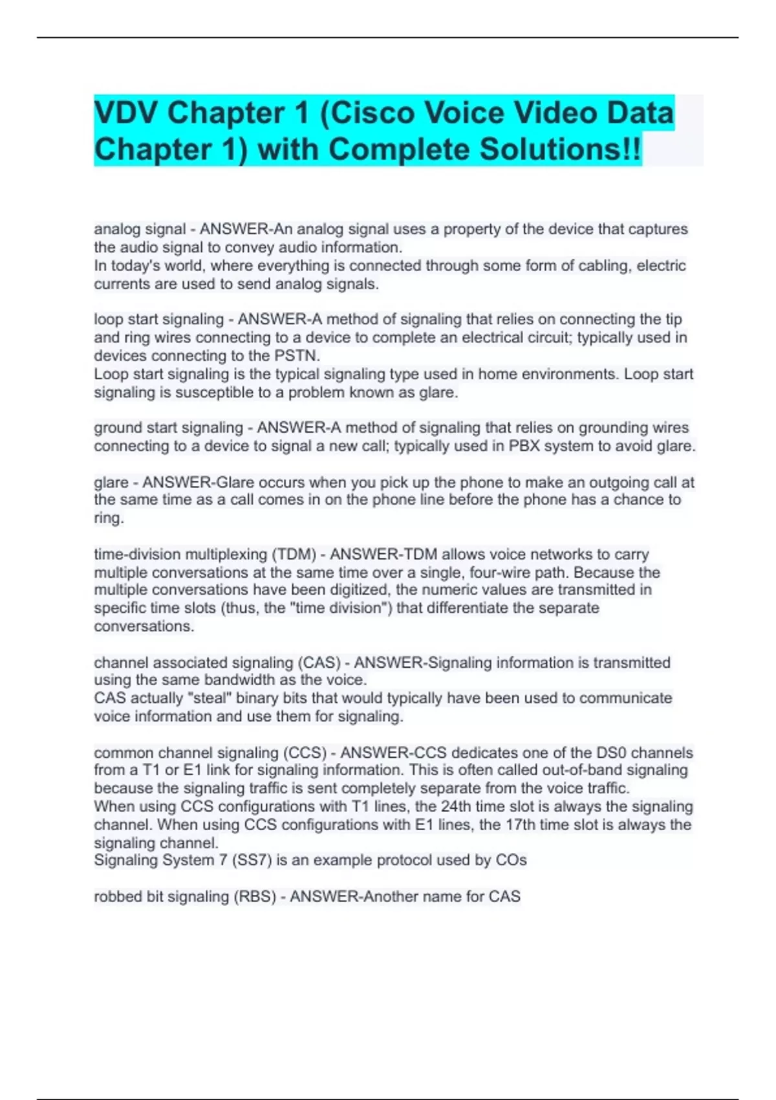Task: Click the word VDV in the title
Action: tap(125, 113)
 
